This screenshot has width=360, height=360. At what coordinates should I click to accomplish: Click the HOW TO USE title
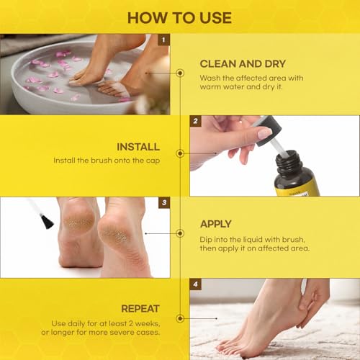(x=179, y=17)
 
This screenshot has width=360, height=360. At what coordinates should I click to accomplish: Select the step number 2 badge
(x=195, y=122)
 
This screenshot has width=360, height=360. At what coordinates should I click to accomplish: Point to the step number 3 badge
(x=164, y=203)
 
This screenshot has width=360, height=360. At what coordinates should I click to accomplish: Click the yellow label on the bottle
(x=295, y=187)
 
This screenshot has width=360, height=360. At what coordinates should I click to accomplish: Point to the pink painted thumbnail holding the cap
(x=264, y=134)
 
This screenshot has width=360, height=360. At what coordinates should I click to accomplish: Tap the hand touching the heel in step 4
(x=310, y=302)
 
